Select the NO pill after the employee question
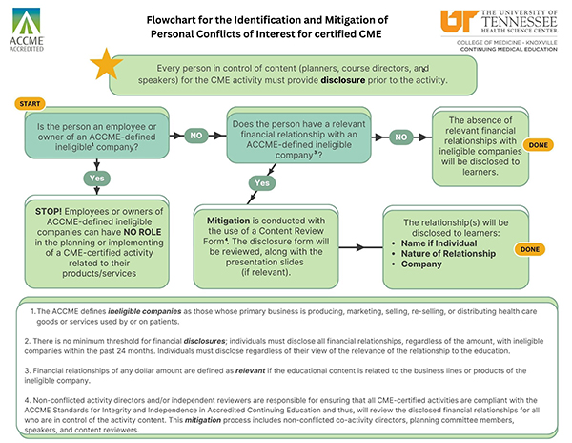pos(196,136)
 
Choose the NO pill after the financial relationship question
pos(401,137)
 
